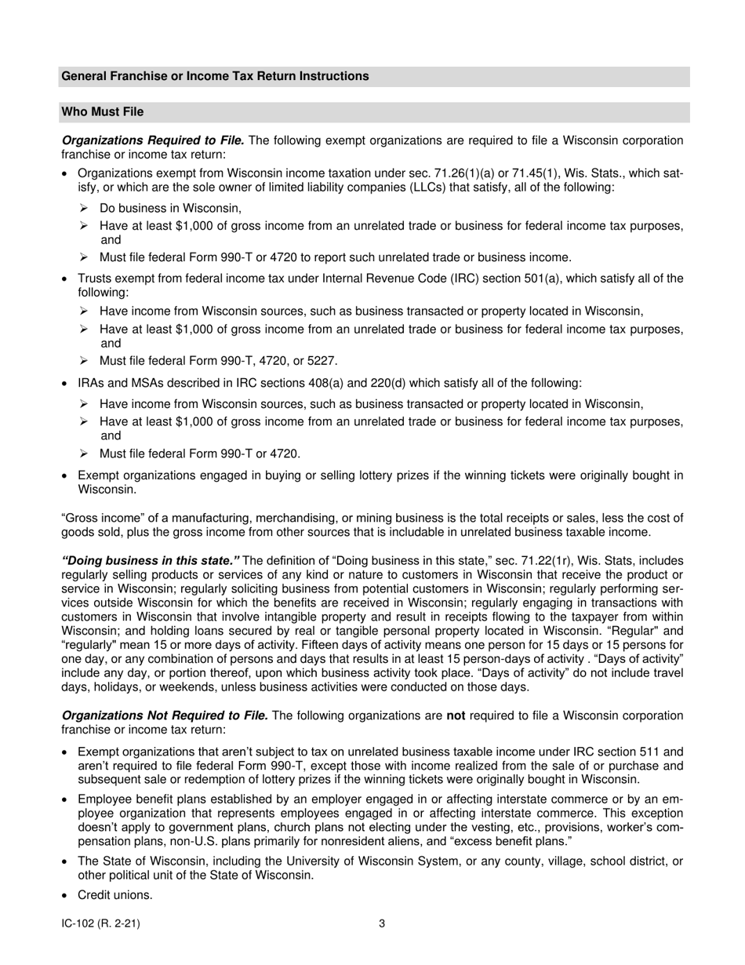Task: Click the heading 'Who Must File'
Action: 102,112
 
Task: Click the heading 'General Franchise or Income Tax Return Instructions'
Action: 215,76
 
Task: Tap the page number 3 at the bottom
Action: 382,923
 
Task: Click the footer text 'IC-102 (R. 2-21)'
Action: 100,923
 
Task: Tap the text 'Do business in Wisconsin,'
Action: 170,208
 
